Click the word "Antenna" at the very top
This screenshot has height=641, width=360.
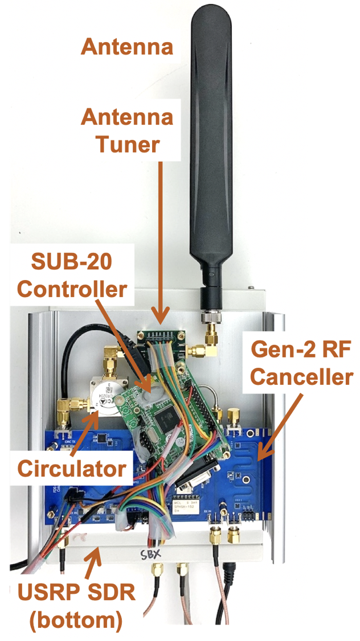(126, 46)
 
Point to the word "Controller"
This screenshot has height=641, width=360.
(72, 289)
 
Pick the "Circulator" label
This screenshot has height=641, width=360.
(72, 469)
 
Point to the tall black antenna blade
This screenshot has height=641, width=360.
(211, 142)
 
